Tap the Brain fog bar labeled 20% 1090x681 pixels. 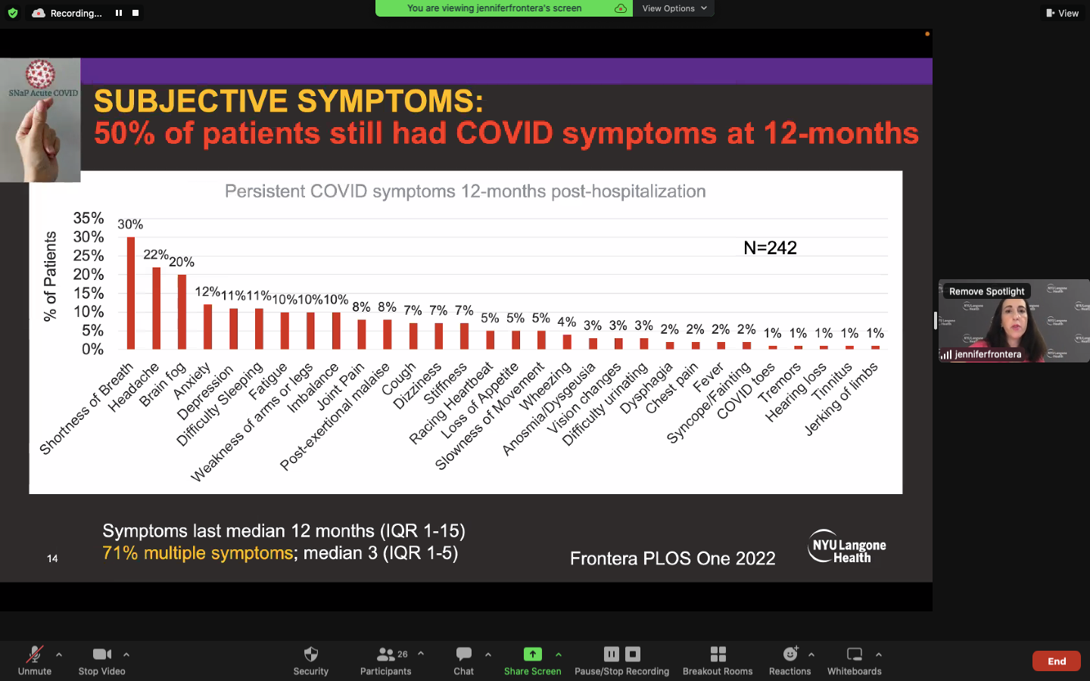(182, 312)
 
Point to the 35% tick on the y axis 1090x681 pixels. (89, 218)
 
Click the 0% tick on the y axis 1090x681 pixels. (92, 349)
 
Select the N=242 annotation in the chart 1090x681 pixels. (770, 247)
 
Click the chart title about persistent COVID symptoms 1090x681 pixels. (465, 191)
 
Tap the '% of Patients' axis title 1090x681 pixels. (50, 277)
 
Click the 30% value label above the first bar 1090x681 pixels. (130, 224)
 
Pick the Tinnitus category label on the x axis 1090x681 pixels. (833, 382)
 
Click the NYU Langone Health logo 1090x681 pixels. (846, 546)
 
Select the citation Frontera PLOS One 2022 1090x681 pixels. (672, 558)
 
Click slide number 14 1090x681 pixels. (52, 558)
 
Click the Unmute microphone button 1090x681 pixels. (35, 660)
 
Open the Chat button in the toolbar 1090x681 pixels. (463, 660)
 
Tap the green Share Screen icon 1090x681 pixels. (532, 655)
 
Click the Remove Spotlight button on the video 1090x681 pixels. (986, 291)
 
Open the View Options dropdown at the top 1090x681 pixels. (674, 8)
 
